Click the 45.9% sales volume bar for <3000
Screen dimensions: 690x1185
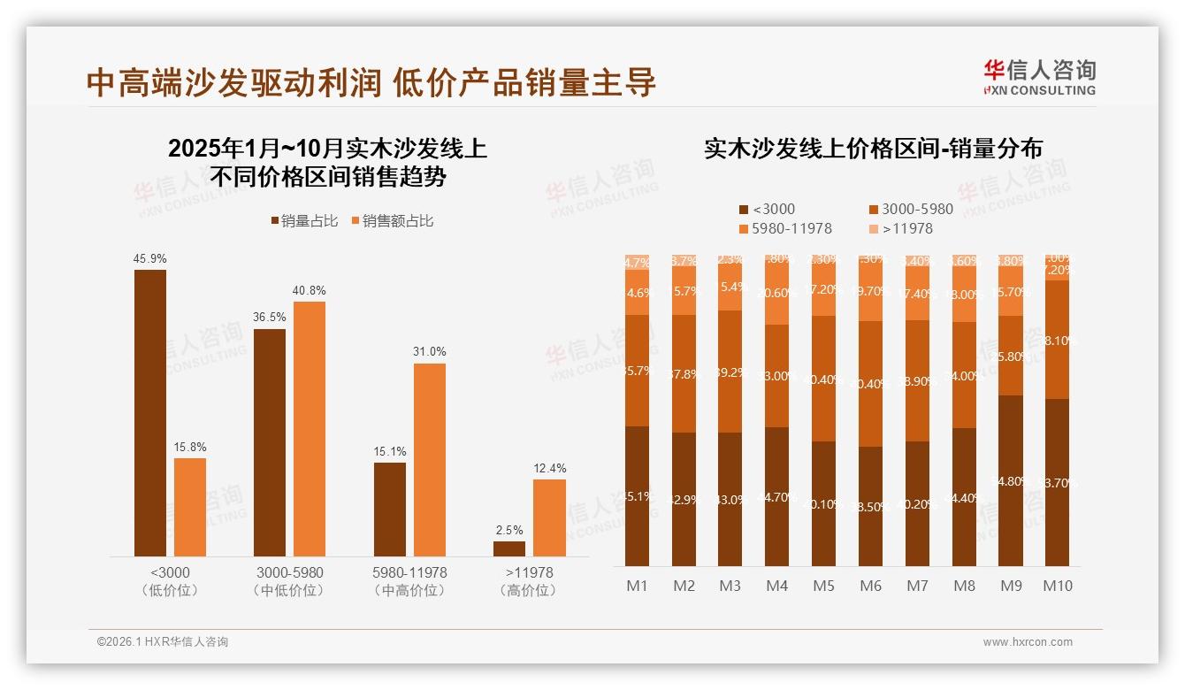150,412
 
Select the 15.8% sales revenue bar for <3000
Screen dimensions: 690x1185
190,507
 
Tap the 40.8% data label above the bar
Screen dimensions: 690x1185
310,291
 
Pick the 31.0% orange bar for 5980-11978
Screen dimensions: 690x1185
429,459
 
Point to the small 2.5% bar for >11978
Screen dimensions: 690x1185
509,548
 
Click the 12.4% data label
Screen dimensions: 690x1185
549,468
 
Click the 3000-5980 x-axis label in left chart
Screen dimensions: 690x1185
289,573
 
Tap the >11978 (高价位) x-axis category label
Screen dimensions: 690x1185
529,581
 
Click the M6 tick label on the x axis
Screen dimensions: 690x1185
870,586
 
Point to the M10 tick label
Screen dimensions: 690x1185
1057,586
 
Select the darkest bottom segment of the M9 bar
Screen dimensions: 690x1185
1011,480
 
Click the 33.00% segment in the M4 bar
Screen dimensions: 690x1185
776,376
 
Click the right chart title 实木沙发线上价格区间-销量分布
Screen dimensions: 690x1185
873,149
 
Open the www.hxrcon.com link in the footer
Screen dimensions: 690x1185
1028,642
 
